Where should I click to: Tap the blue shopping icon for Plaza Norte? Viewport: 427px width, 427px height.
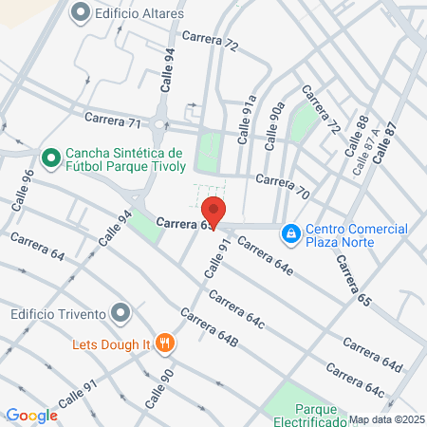click(x=291, y=232)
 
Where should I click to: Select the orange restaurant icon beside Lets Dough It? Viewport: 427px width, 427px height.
click(x=165, y=343)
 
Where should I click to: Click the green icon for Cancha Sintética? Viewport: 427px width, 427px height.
click(x=50, y=155)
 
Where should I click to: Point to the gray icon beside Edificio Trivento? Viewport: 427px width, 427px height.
click(x=119, y=311)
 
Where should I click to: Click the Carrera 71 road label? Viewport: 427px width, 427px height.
click(x=112, y=121)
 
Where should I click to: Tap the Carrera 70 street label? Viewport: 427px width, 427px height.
click(x=283, y=186)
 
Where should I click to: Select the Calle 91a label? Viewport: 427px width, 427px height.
click(x=248, y=119)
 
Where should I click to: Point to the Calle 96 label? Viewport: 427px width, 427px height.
click(x=24, y=190)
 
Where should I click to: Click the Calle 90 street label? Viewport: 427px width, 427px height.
click(x=160, y=388)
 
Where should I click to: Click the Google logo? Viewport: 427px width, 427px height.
click(x=31, y=415)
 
